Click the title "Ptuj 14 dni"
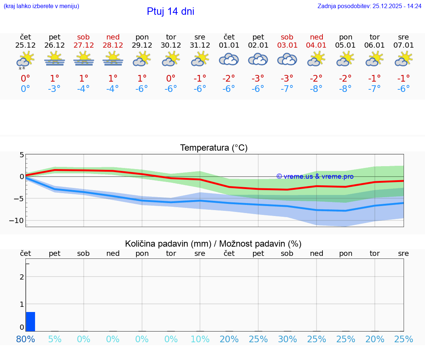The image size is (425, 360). click(170, 11)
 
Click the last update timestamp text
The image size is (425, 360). click(369, 6)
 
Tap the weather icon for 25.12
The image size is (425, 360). click(25, 60)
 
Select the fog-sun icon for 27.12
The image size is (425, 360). click(84, 59)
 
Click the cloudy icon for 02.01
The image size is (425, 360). click(258, 59)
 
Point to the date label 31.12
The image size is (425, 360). click(200, 45)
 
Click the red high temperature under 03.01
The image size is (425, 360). click(287, 78)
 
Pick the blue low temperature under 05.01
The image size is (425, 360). click(345, 89)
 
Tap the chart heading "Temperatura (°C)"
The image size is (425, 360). click(214, 148)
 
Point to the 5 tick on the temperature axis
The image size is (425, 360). click(22, 155)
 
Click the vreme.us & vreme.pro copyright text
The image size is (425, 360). click(315, 176)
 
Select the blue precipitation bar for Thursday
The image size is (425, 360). click(31, 322)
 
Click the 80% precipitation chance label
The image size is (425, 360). click(25, 339)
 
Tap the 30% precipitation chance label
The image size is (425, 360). click(287, 339)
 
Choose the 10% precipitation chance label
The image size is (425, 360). click(200, 339)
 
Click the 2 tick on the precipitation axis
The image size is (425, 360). click(22, 277)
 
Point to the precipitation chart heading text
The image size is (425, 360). click(213, 244)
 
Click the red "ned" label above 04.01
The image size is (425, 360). click(316, 37)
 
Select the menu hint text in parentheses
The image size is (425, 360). click(41, 6)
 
